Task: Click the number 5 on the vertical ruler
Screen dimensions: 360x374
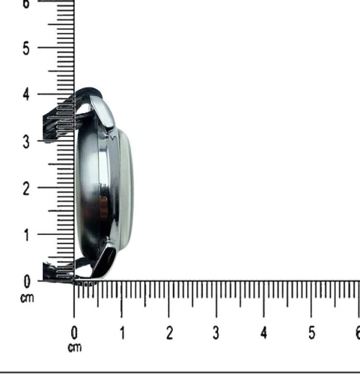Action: (x=26, y=49)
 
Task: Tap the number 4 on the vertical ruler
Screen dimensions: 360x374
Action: (x=26, y=95)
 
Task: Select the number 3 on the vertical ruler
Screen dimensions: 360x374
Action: (x=26, y=142)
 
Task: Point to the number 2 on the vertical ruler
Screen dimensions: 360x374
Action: (x=26, y=189)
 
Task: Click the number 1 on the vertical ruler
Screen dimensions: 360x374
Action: (x=27, y=235)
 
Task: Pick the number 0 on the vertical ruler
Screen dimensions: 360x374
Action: (x=26, y=282)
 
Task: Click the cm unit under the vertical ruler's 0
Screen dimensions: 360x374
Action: (x=27, y=298)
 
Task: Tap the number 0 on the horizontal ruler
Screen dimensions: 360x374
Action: (x=74, y=333)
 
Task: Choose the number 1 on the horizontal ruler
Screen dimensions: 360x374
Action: (x=122, y=333)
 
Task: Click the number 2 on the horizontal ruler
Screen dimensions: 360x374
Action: (x=169, y=333)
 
